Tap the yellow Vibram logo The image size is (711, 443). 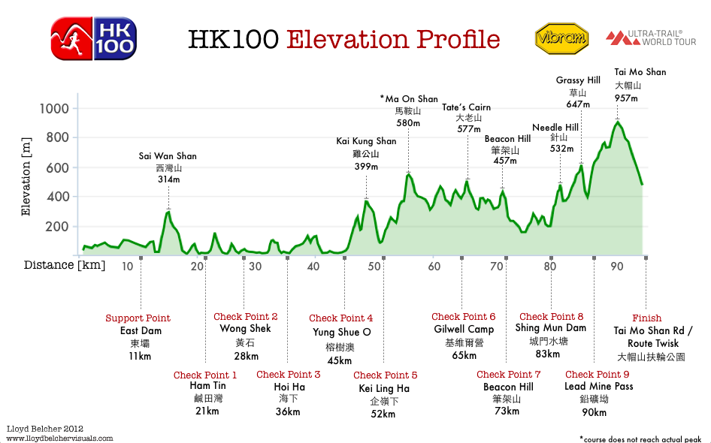point(560,38)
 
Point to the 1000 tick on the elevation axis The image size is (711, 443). point(53,109)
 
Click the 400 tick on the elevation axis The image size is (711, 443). point(58,197)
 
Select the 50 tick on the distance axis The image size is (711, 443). point(374,267)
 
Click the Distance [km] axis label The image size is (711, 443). point(65,265)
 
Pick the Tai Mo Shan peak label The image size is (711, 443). point(640,72)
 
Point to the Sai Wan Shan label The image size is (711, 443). point(168,156)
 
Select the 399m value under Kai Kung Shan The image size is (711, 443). point(366,166)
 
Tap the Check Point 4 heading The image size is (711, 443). point(340,318)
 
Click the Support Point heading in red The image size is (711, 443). point(138,318)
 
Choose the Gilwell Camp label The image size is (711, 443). point(464,330)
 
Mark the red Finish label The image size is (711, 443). point(646,318)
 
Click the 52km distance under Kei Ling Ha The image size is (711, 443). point(383,413)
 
